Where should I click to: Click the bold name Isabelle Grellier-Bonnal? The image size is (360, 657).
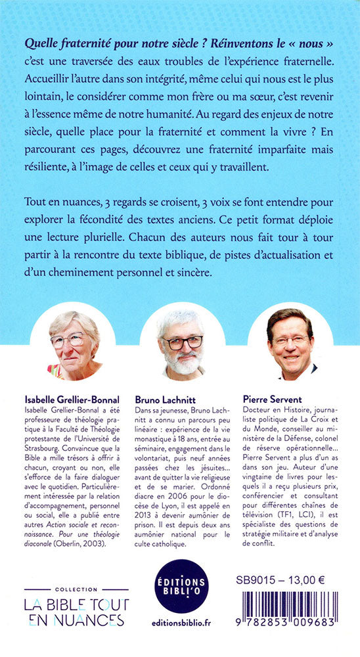tap(75, 397)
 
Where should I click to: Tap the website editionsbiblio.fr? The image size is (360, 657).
tap(180, 627)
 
